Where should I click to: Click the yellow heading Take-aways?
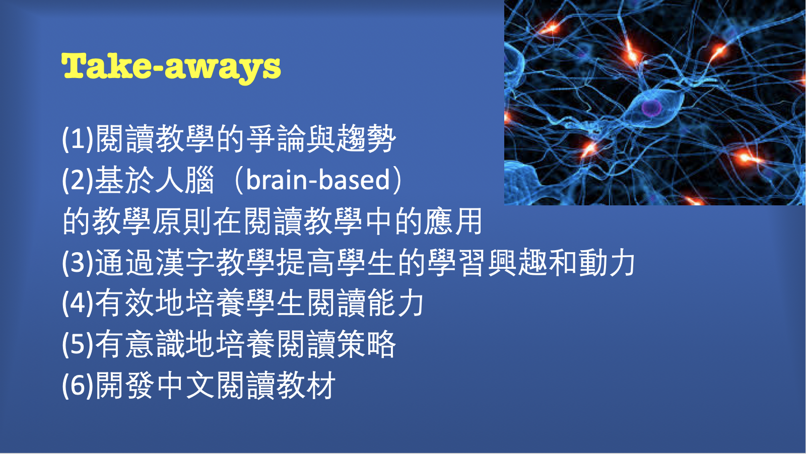(x=171, y=66)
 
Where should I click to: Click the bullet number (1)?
(x=78, y=139)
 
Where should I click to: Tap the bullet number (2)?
(x=78, y=180)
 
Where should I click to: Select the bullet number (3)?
(x=78, y=263)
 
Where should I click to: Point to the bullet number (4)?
(x=78, y=304)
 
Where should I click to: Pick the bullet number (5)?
(x=78, y=345)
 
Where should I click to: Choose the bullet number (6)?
(x=78, y=386)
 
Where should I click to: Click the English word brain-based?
(x=318, y=180)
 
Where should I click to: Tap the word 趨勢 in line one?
(x=366, y=139)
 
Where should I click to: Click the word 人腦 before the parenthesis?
(x=185, y=180)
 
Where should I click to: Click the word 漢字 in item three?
(x=185, y=263)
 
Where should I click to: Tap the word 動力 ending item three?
(x=607, y=263)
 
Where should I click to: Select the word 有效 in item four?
(x=124, y=304)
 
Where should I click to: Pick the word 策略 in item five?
(x=366, y=345)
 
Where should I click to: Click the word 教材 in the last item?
(x=306, y=386)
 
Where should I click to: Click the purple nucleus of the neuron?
(x=651, y=107)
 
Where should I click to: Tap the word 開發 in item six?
(x=124, y=386)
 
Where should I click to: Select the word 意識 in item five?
(x=155, y=345)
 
